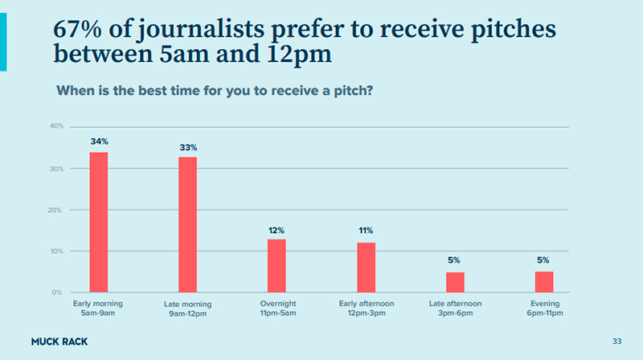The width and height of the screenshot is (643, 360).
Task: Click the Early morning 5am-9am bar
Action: [99, 222]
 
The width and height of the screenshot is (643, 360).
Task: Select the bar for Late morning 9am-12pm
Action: [187, 224]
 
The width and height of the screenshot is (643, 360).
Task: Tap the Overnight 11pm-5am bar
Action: [276, 265]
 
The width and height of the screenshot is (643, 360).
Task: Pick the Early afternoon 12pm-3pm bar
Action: [367, 267]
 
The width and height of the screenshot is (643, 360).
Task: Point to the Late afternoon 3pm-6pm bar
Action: [455, 282]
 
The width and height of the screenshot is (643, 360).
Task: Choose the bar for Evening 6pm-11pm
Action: [544, 282]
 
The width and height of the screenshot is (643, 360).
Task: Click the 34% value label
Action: [99, 141]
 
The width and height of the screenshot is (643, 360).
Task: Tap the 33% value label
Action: [188, 147]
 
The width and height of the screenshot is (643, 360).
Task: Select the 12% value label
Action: [276, 231]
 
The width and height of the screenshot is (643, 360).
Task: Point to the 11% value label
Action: [366, 231]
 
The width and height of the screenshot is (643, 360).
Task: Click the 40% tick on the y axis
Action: [56, 126]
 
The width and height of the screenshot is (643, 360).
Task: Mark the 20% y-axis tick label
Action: [56, 210]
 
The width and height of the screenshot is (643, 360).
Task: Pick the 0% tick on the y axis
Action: [58, 292]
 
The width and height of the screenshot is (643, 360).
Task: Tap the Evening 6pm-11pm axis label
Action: [545, 308]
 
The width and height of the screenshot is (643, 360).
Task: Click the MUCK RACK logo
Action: [59, 342]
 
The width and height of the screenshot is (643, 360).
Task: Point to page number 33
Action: [616, 342]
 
